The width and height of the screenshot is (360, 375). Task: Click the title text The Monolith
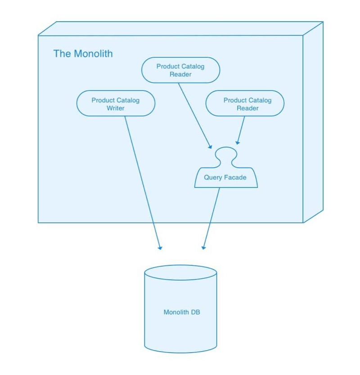(83, 54)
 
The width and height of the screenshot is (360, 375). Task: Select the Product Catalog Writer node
(116, 103)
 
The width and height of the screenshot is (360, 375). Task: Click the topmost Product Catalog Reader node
(180, 70)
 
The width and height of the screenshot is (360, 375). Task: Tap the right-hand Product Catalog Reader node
(245, 103)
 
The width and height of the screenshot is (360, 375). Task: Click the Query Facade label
(225, 177)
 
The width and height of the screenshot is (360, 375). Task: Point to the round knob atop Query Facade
(226, 155)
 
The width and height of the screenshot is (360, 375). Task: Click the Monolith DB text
(181, 312)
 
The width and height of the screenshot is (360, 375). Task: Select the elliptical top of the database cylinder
(180, 273)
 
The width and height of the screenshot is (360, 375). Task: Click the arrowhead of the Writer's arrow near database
(160, 247)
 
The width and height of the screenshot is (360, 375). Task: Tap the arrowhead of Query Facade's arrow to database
(204, 247)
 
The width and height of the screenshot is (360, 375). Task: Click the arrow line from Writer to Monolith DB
(142, 180)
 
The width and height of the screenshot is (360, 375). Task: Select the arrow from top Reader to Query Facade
(194, 115)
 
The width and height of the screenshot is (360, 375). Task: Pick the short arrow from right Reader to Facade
(241, 129)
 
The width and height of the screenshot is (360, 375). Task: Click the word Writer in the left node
(116, 108)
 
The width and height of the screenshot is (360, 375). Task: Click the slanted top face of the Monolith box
(180, 28)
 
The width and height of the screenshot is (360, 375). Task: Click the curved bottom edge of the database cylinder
(180, 353)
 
